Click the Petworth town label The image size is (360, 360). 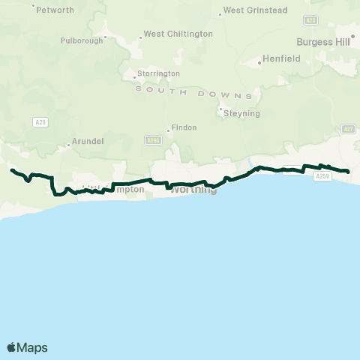[56, 10]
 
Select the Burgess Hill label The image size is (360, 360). [323, 42]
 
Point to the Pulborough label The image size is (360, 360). [82, 40]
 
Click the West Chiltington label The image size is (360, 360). [178, 34]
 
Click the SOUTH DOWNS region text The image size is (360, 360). [194, 91]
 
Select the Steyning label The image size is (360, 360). [242, 113]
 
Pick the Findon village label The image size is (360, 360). [184, 127]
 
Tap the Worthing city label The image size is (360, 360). [193, 190]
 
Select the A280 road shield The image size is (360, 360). [153, 139]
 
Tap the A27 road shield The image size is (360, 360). [348, 129]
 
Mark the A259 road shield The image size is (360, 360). [321, 176]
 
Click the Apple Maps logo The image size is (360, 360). [27, 347]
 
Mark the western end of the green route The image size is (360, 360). [11, 170]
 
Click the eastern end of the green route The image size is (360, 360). [349, 172]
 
